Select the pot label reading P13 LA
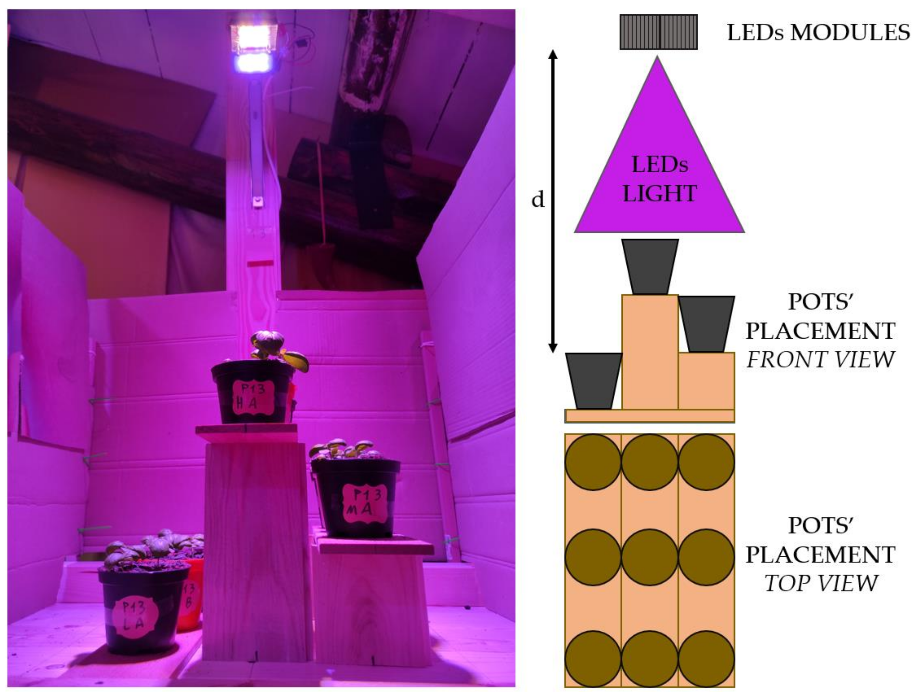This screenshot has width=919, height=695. click(134, 618)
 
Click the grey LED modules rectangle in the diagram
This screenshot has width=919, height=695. click(658, 32)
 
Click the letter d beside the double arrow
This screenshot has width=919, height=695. click(538, 200)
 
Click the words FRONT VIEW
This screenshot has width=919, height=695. click(820, 360)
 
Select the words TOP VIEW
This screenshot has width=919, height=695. click(820, 583)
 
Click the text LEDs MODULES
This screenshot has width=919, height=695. click(818, 32)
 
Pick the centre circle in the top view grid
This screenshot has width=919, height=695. click(649, 557)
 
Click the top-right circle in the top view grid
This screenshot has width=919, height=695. click(706, 462)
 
